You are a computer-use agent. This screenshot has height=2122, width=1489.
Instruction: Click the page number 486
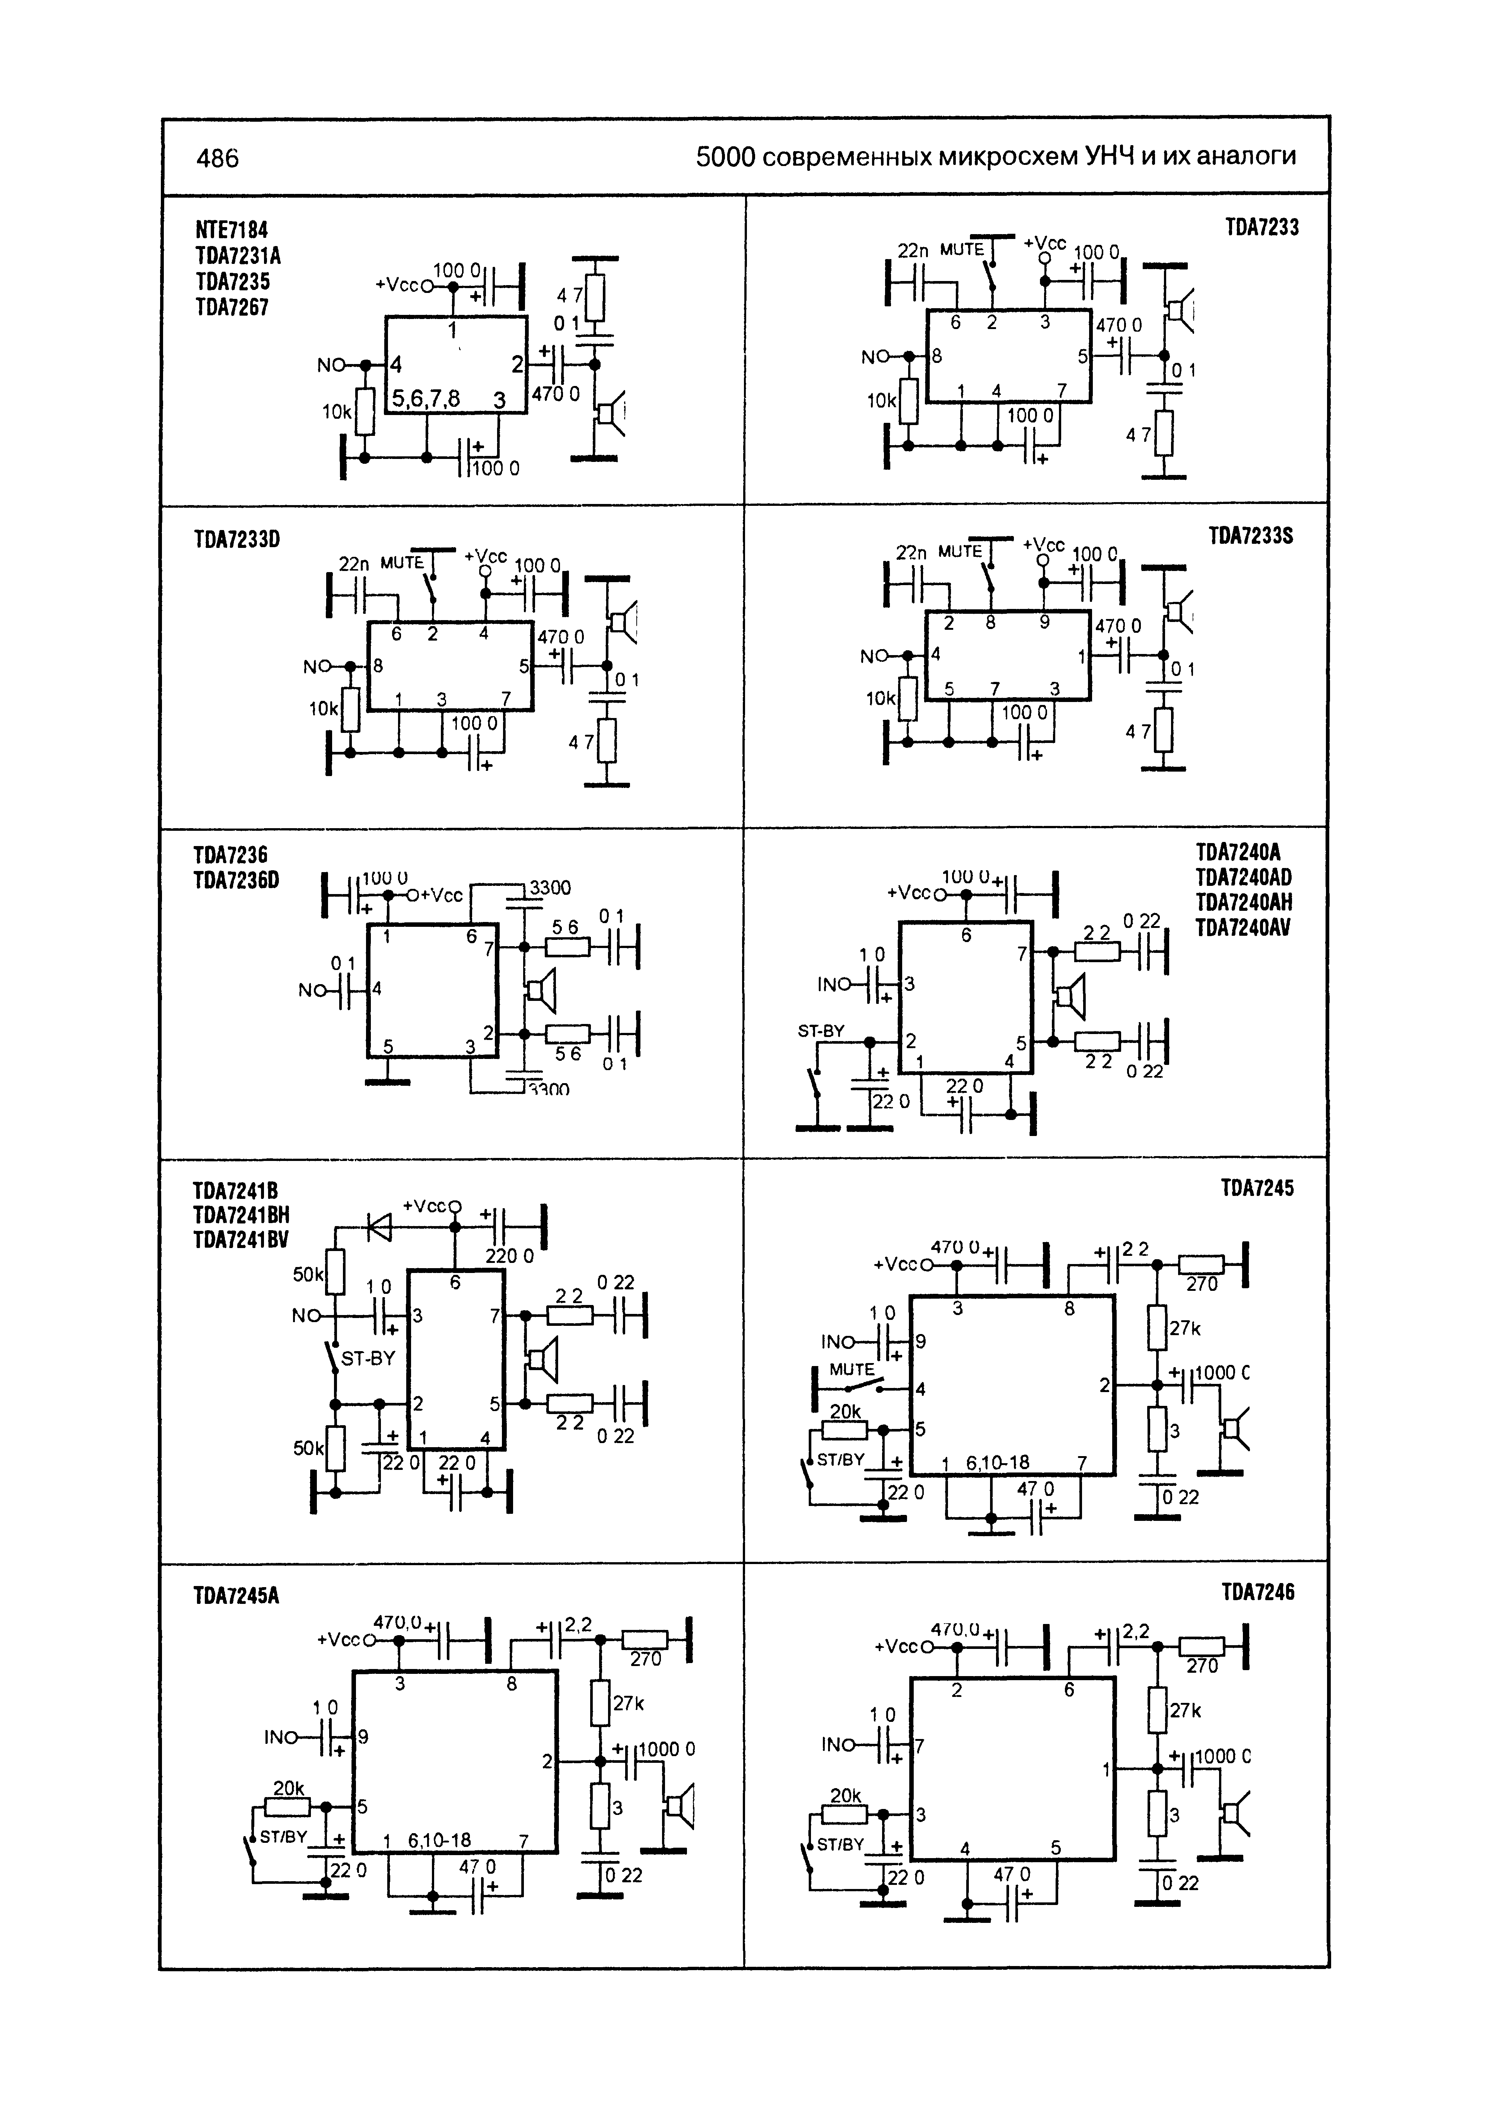[217, 159]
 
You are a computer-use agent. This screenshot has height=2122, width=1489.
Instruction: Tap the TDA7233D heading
[236, 539]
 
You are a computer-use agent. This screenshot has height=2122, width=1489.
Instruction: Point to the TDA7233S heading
[1251, 536]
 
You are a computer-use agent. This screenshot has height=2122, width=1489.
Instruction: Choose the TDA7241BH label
[241, 1215]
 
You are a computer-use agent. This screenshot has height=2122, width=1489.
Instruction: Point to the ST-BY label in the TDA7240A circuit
[821, 1031]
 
